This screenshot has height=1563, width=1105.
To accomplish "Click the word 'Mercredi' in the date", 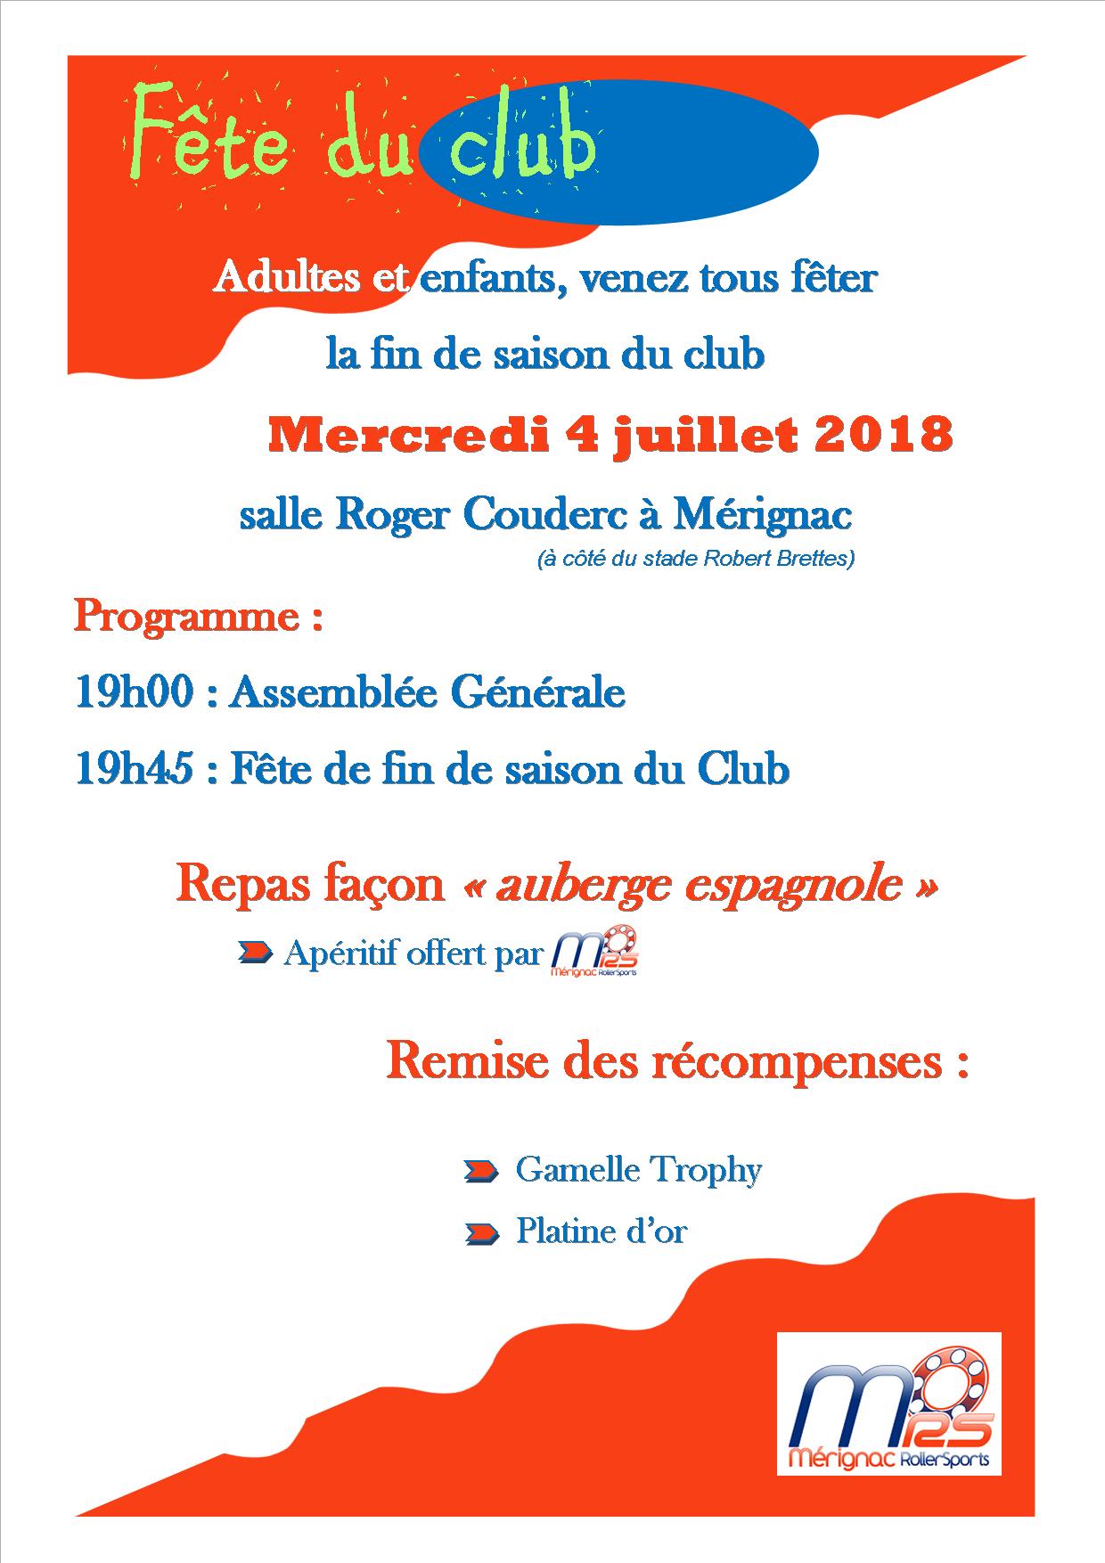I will (x=405, y=435).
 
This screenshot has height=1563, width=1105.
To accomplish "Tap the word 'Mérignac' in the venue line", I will (x=762, y=515).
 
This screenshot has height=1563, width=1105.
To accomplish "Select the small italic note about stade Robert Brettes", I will (x=695, y=560).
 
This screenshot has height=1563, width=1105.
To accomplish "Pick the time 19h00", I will (x=134, y=693).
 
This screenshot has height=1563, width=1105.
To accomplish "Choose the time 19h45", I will (x=134, y=770).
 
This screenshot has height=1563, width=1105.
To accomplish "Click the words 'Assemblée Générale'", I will (x=427, y=693).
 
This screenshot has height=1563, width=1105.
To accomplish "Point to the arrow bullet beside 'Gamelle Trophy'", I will (x=481, y=1171).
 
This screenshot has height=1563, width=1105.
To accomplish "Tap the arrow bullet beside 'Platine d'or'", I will (x=481, y=1233).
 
